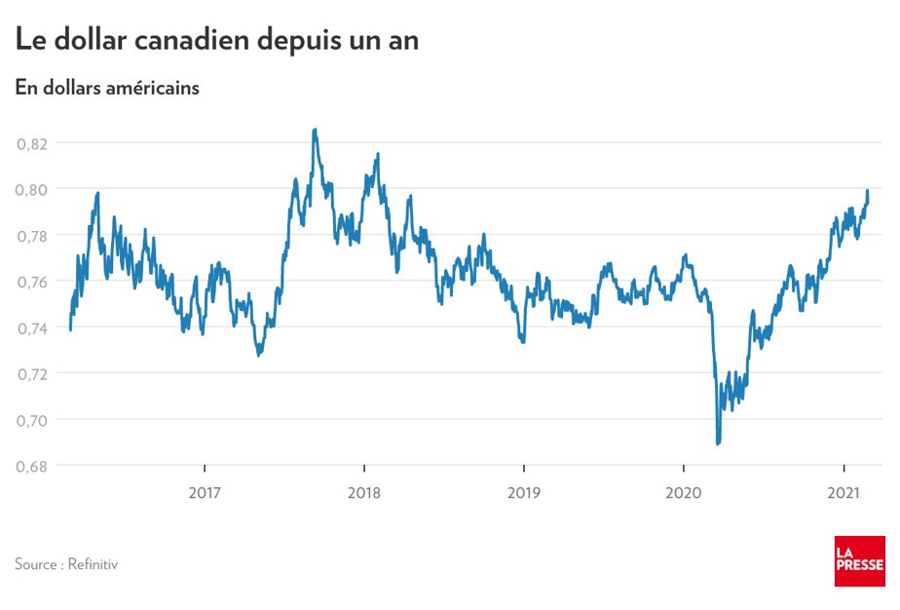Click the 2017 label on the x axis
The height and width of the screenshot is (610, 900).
(204, 492)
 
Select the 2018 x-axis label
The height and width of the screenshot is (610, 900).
(363, 492)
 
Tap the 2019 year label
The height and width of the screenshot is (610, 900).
(524, 492)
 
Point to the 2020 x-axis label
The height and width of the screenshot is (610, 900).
(684, 492)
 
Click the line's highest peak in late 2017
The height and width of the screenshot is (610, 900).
(315, 130)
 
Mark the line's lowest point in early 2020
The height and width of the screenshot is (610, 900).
(718, 443)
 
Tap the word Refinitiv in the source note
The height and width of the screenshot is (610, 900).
(94, 564)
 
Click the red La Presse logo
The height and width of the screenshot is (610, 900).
(859, 561)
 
